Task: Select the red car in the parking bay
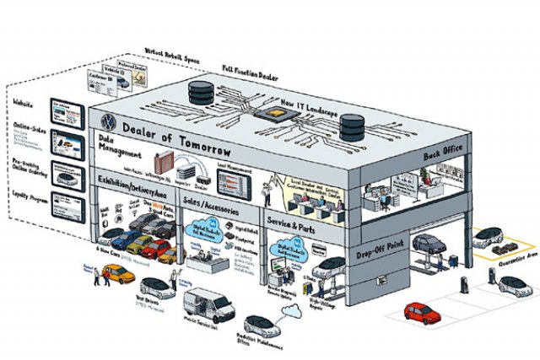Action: pyautogui.click(x=422, y=312)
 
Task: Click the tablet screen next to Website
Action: pyautogui.click(x=67, y=110)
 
